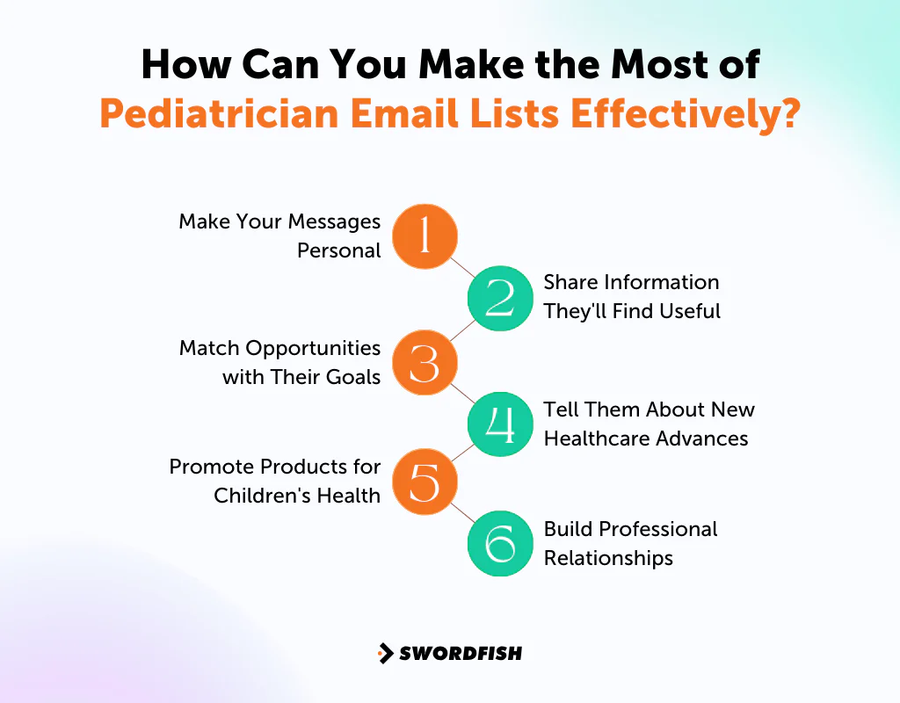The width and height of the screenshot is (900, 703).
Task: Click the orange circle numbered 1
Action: coord(425,236)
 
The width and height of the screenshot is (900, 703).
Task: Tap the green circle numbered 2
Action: coord(500,298)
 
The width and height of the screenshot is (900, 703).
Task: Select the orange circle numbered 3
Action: coord(425,362)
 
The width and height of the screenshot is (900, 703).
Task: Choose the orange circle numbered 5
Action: coord(425,482)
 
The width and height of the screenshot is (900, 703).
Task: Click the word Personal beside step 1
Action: coord(338,250)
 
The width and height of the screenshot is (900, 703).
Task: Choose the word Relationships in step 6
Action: coord(608,558)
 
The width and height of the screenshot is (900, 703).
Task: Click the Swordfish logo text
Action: coord(461,653)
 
